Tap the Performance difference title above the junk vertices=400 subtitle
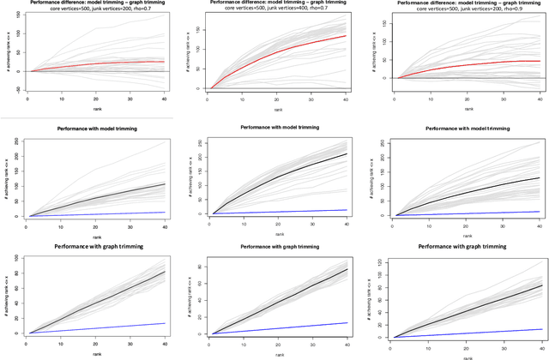coord(274,4)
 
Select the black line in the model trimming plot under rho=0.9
coord(480,189)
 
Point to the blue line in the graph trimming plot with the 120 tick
coord(480,333)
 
